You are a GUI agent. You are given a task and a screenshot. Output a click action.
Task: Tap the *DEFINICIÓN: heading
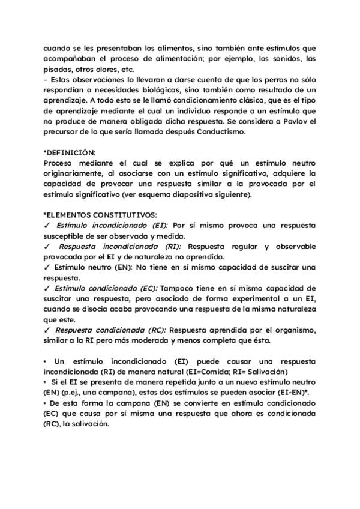pyautogui.click(x=70, y=152)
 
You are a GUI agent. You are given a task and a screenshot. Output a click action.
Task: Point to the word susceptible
pyautogui.click(x=68, y=236)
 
